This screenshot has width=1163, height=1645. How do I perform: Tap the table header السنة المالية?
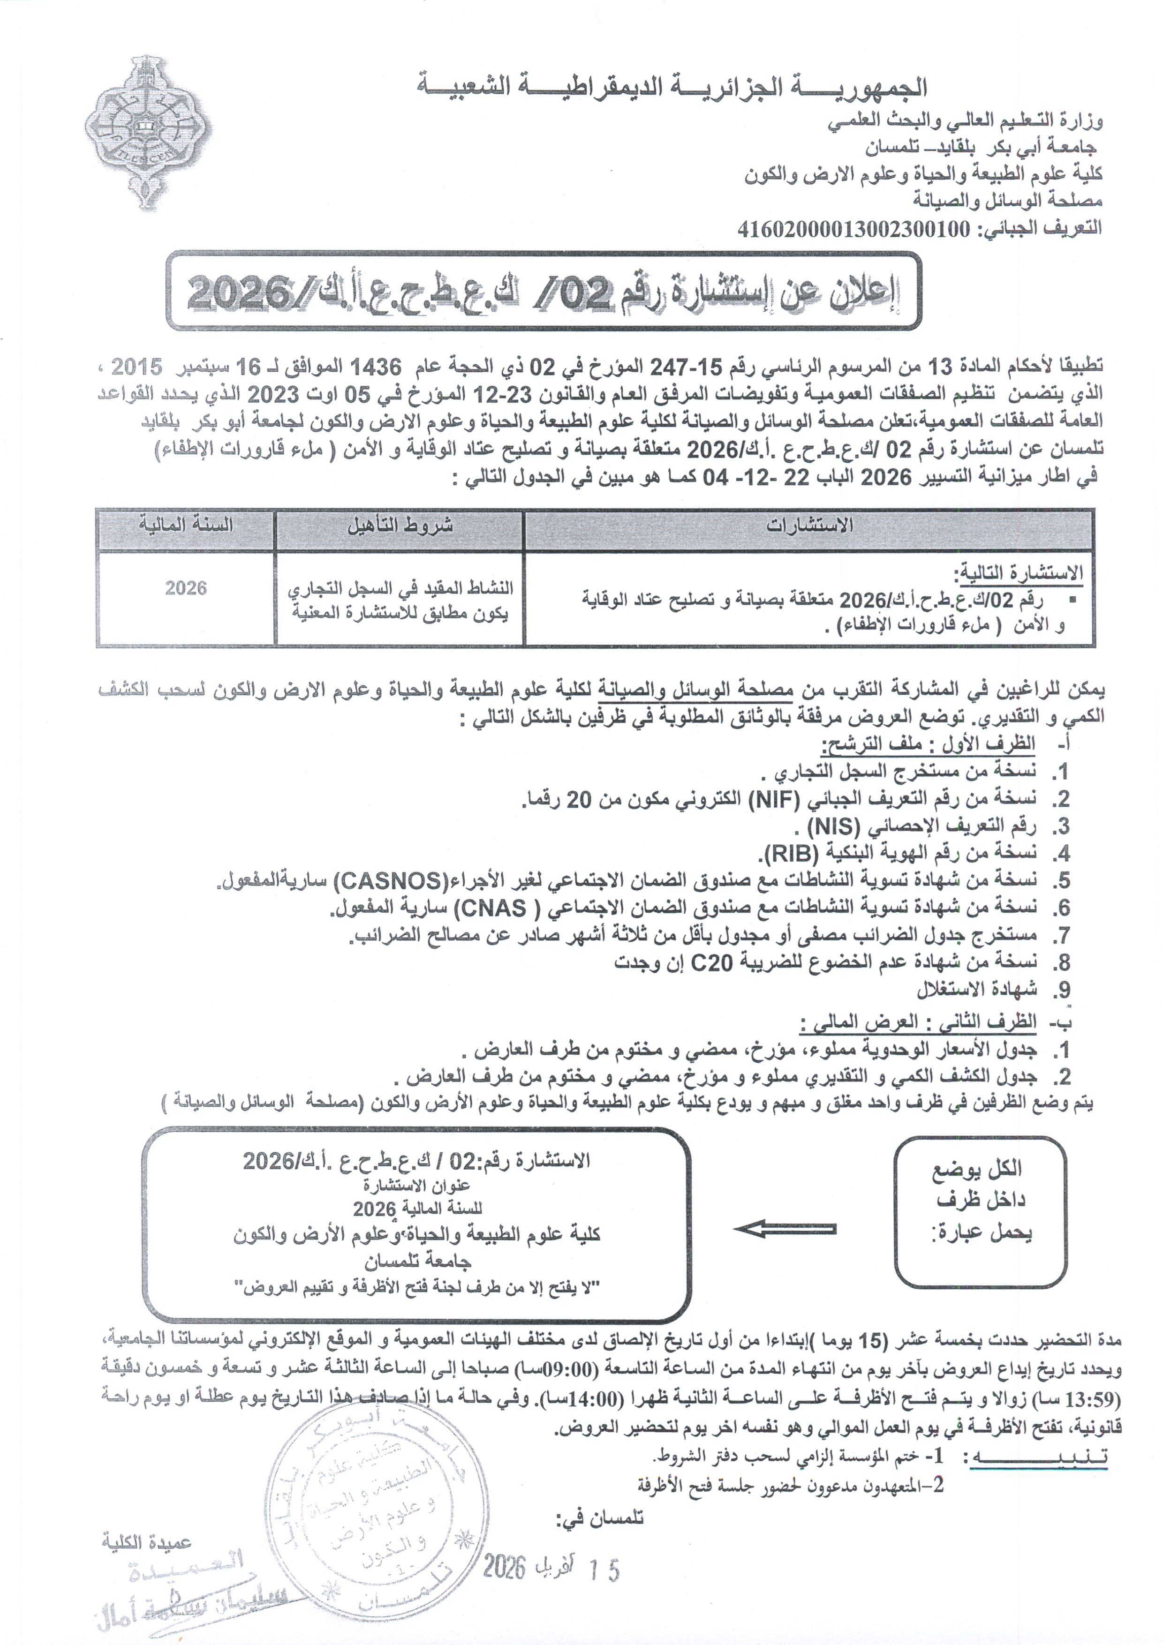(x=186, y=525)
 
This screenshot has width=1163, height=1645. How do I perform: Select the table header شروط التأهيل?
(x=400, y=526)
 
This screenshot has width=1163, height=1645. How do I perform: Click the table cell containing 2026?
(x=186, y=588)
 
